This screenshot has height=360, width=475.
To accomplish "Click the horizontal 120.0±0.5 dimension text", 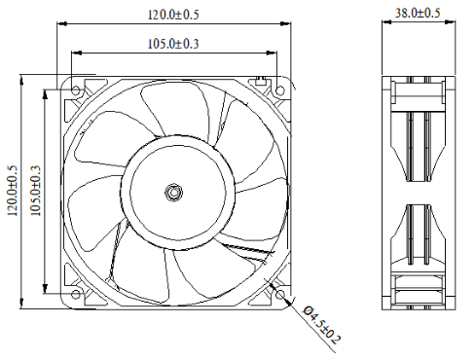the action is (173, 15).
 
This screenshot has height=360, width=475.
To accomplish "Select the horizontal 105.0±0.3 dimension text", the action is (173, 44).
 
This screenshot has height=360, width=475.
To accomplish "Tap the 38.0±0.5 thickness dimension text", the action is (418, 13).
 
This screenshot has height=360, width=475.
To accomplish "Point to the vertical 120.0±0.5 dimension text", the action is (13, 191).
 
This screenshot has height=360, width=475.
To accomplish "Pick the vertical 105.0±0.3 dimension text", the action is (35, 191).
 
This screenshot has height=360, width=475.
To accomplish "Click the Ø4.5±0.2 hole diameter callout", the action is (321, 325).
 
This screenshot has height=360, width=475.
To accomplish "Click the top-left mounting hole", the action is (76, 90).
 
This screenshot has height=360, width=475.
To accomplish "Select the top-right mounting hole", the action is (280, 90).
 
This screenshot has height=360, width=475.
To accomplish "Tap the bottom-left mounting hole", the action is (76, 295).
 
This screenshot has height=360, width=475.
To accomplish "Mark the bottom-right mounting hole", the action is (280, 295).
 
